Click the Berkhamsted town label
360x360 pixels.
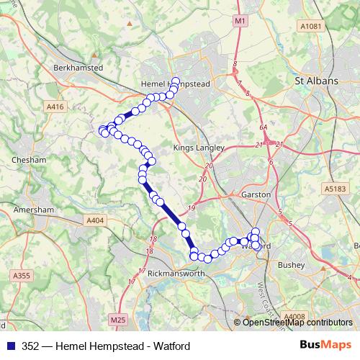(x=79, y=67)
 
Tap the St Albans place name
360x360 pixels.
(x=317, y=81)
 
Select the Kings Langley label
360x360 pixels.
(x=194, y=148)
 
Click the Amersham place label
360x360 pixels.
(x=33, y=210)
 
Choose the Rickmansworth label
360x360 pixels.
(x=176, y=274)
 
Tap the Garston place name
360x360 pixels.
(x=257, y=194)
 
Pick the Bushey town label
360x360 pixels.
(x=292, y=265)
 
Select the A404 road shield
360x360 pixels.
(x=94, y=220)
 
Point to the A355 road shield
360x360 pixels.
(x=22, y=275)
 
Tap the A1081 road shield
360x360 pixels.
(x=309, y=26)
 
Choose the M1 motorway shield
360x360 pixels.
(x=240, y=22)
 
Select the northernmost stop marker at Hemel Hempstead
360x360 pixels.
(x=176, y=81)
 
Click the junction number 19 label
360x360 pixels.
(x=191, y=209)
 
